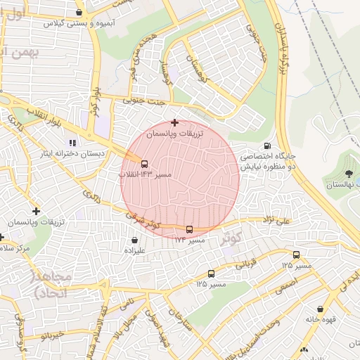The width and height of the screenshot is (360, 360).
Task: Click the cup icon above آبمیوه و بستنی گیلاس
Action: [79, 12]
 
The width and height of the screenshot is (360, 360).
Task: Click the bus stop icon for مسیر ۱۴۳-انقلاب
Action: [145, 163]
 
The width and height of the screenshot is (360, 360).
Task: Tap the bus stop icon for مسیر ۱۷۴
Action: [188, 229]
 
